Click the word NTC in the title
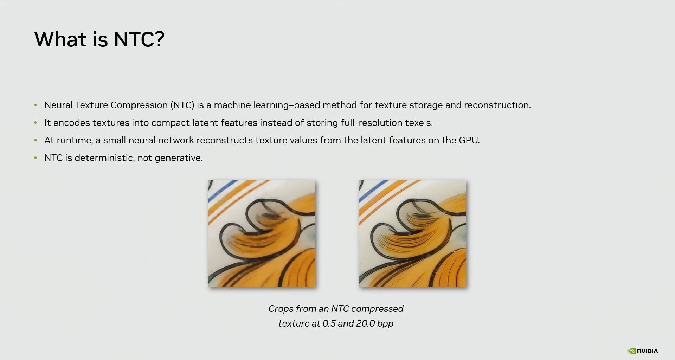pos(134,39)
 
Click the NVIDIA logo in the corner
pos(642,351)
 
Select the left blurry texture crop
pos(261,234)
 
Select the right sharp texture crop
pos(412,234)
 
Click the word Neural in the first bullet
pos(58,105)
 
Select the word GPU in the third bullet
pos(469,140)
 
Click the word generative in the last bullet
pos(178,158)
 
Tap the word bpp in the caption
pos(385,324)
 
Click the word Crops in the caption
pos(281,309)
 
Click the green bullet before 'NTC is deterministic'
pos(36,158)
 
